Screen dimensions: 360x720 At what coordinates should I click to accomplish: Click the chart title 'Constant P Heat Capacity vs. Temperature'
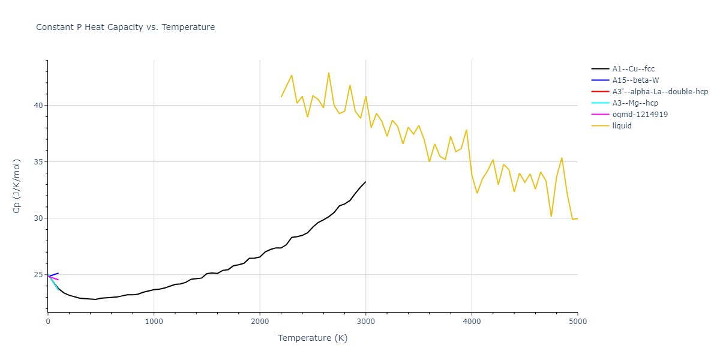125,27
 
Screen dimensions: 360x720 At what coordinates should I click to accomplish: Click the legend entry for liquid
622,126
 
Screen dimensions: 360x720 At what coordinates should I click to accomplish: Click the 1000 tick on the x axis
154,322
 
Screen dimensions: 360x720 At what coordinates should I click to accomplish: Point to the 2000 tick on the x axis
260,322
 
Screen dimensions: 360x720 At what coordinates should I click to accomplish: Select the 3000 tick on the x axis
365,322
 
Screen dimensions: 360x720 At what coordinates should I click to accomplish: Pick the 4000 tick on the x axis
472,322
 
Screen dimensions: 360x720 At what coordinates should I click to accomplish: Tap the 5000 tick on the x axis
577,322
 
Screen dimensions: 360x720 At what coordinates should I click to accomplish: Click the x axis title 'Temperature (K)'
313,338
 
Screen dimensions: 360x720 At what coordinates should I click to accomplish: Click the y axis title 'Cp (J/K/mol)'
17,186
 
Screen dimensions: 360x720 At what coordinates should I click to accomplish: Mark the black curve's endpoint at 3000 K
365,182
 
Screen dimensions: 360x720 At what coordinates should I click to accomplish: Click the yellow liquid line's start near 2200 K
281,97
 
